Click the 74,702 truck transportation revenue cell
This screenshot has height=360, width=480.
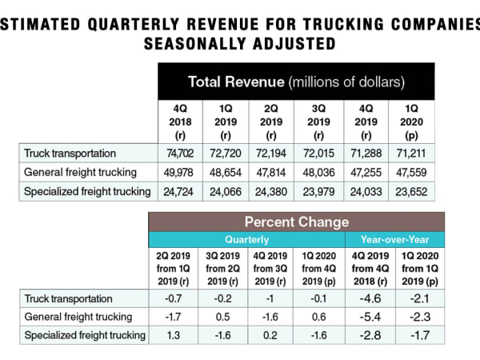pos(179,152)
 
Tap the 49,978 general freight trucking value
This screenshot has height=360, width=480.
pos(179,171)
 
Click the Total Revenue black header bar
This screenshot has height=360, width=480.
pos(295,82)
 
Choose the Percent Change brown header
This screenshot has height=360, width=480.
pos(296,222)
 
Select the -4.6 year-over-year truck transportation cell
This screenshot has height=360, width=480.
pos(366,298)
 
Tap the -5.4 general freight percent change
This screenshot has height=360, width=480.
pos(366,316)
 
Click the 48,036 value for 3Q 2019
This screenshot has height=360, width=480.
pos(319,171)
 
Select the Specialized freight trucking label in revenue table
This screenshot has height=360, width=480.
pos(86,190)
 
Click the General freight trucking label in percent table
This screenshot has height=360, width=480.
pos(77,316)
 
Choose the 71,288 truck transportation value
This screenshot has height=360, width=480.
pos(366,152)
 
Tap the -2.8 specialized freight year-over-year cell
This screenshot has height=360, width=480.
pos(366,334)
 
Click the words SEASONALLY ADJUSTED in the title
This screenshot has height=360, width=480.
pos(240,42)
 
